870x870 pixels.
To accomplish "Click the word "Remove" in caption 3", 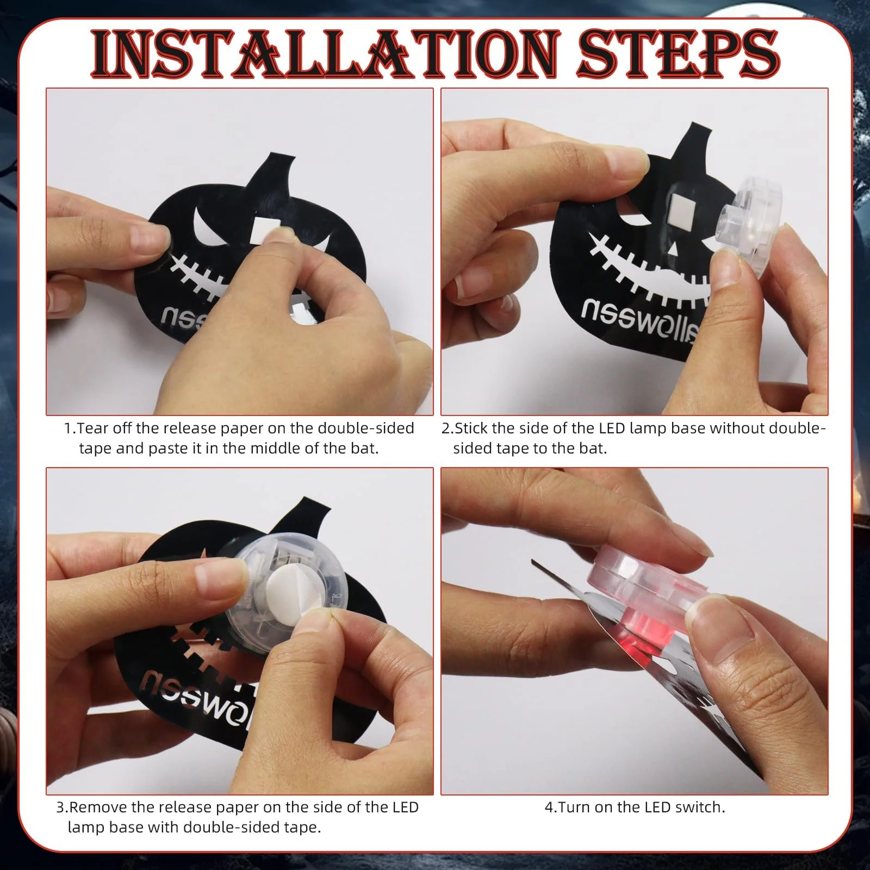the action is (96, 807).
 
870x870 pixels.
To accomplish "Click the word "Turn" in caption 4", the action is (573, 807).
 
